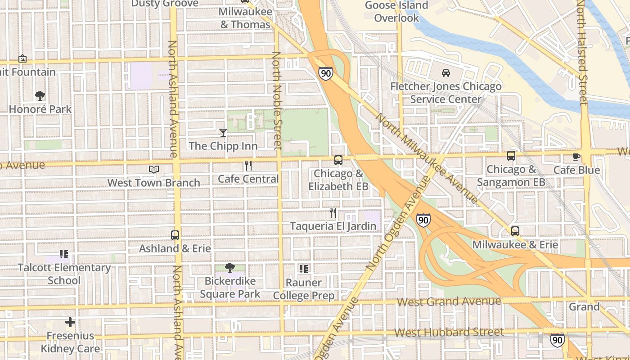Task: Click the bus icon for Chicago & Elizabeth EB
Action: [338, 160]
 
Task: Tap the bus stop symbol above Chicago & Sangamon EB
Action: [511, 156]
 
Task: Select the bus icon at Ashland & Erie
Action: [175, 235]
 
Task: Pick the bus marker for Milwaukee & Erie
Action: [515, 231]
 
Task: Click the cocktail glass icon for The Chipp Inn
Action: [223, 132]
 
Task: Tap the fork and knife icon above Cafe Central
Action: [248, 166]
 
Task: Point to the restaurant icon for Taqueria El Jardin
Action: [333, 213]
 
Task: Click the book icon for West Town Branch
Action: [154, 169]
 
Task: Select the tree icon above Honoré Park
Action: [40, 95]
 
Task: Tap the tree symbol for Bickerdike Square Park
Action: [230, 268]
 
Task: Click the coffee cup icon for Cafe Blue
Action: [576, 157]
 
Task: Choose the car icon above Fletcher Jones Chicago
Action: [445, 73]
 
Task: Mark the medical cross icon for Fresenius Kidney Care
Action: [70, 322]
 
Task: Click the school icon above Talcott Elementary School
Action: [64, 254]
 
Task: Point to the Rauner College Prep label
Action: [304, 289]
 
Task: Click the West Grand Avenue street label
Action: [449, 301]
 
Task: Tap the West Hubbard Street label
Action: [449, 333]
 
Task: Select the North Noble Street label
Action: [277, 101]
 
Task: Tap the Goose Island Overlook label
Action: [396, 12]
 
